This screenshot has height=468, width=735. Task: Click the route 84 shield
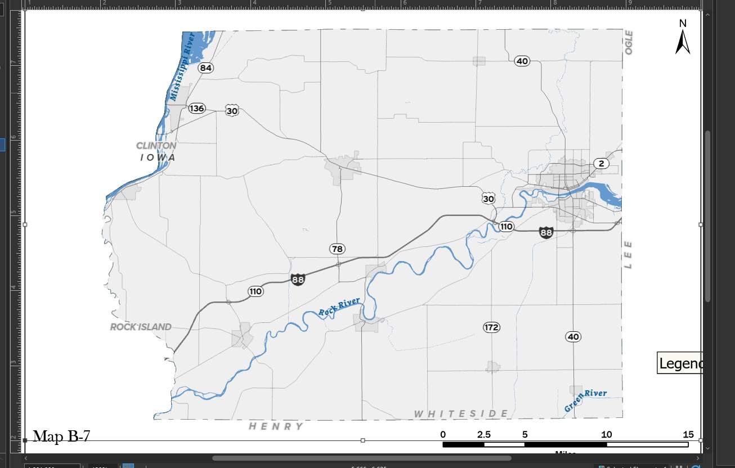(x=206, y=68)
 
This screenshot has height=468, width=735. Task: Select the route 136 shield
(x=196, y=108)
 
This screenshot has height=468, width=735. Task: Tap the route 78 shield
(x=337, y=249)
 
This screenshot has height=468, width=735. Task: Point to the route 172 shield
(x=491, y=327)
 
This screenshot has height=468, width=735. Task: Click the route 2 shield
(x=602, y=164)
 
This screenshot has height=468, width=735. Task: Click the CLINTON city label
(x=156, y=146)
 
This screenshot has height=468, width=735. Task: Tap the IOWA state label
(x=158, y=157)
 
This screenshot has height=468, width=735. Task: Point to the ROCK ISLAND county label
(x=141, y=327)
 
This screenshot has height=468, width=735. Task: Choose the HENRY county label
(x=276, y=426)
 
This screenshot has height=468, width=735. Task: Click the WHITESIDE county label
(x=461, y=414)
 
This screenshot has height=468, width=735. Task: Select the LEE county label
(x=628, y=255)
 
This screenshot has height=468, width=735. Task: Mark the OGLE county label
(x=629, y=43)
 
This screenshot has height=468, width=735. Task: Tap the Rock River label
(x=339, y=307)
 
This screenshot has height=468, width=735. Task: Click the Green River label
(x=585, y=400)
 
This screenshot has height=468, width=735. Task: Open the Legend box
(x=680, y=363)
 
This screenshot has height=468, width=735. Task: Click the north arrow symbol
(x=683, y=39)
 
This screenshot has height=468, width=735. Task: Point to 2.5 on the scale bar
(x=484, y=435)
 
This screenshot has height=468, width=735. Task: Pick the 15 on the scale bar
(x=688, y=435)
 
